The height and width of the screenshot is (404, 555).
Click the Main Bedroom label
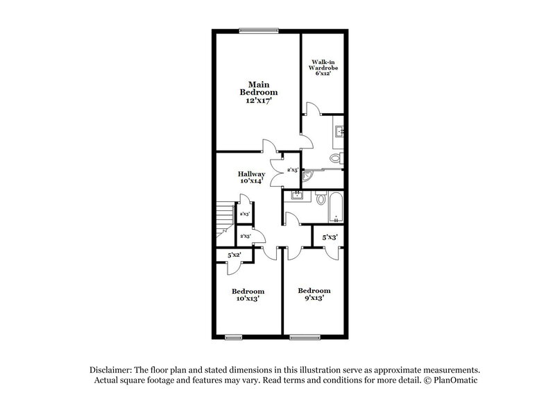(x=259, y=92)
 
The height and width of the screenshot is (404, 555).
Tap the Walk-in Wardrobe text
(x=323, y=68)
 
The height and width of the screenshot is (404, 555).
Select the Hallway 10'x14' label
(x=251, y=178)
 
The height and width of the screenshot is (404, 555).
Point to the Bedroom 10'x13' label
(x=248, y=296)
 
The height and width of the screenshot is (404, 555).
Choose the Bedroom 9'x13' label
(x=314, y=294)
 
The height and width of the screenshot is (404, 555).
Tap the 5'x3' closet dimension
(x=329, y=237)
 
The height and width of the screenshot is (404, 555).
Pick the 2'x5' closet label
(x=293, y=170)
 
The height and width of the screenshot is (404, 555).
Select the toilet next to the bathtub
(x=321, y=199)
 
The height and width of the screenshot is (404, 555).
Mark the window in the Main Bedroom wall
(x=259, y=29)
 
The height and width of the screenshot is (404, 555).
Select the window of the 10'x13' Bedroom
(x=234, y=338)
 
